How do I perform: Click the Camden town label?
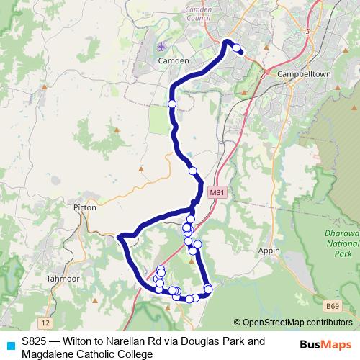tap(173, 62)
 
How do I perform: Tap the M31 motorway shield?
tap(217, 193)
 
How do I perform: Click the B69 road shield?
tap(333, 307)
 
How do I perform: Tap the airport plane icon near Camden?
tap(160, 48)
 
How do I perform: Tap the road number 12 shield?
tap(46, 321)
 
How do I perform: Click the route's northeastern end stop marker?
tap(237, 48)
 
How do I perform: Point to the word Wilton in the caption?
tap(78, 341)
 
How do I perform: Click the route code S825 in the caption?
tap(35, 341)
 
